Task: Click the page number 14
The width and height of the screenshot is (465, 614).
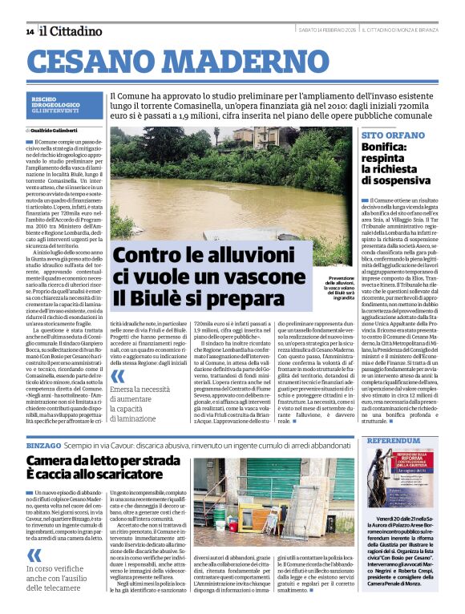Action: (x=30, y=31)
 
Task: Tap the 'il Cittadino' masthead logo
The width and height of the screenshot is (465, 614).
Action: (x=72, y=31)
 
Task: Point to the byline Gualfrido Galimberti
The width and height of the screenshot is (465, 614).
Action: (x=55, y=129)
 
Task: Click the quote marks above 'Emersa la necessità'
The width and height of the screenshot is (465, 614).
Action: (x=119, y=376)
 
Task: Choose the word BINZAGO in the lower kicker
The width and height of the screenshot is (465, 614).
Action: (x=44, y=443)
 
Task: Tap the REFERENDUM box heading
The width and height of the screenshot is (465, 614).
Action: (x=393, y=441)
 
